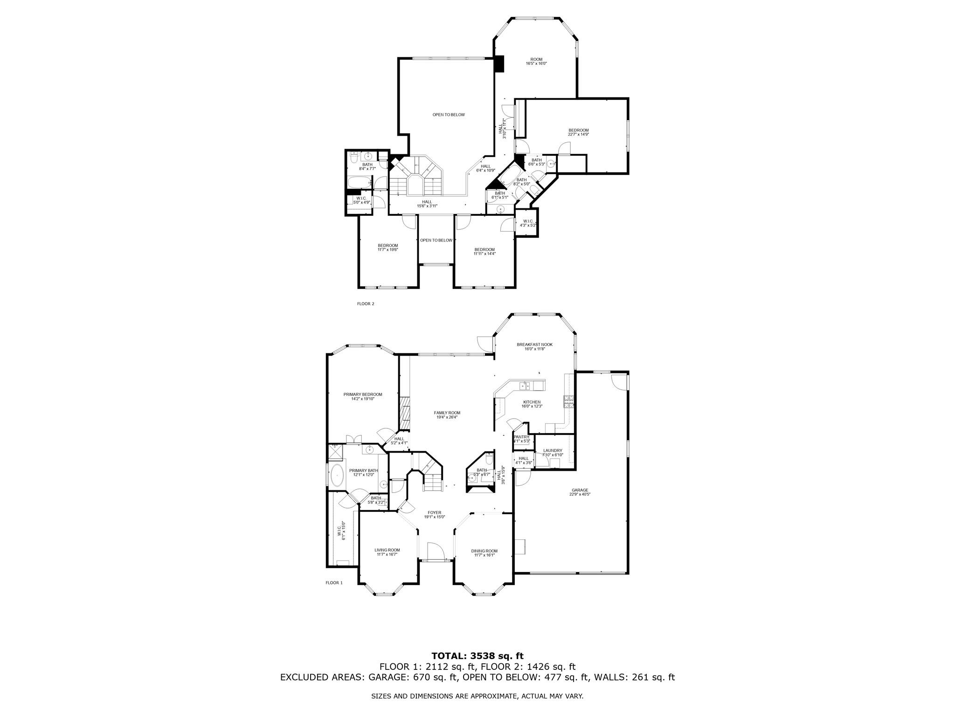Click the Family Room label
coord(447,413)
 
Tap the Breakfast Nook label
coord(534,344)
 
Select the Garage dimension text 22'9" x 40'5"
coord(580,494)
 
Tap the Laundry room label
coord(553,450)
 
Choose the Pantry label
coord(521,437)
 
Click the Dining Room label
coord(484,551)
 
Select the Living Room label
coord(387,550)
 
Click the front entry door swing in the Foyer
coord(435,550)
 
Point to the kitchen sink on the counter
coord(525,385)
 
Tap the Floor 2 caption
coord(366,303)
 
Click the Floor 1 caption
coord(334,583)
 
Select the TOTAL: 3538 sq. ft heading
coord(477,656)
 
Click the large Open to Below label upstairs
coord(448,115)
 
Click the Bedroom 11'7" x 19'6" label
coord(388,246)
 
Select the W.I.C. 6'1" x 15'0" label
coord(341,530)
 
